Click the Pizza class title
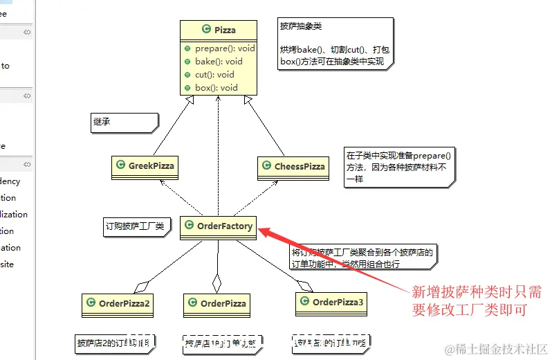point(225,30)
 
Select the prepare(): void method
point(225,48)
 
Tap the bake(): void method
point(219,62)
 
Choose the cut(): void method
point(214,75)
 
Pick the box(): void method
point(216,88)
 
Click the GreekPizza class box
point(145,166)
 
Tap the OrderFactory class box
point(217,226)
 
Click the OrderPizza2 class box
point(118,303)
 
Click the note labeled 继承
point(122,123)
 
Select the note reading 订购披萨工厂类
point(136,226)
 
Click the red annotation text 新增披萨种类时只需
point(477,291)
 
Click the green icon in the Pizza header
point(206,30)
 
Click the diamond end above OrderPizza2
point(141,285)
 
